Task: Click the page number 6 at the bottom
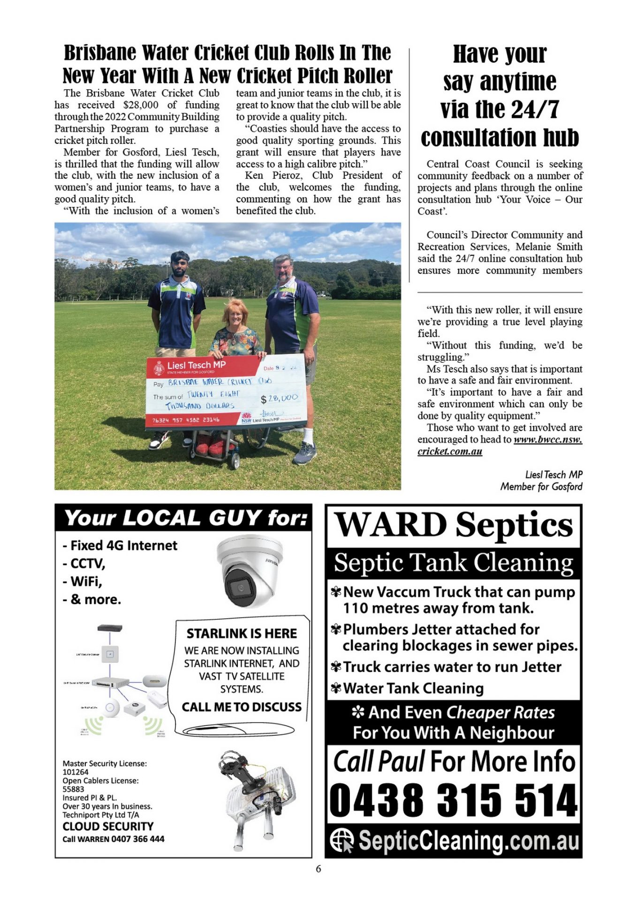click(x=318, y=869)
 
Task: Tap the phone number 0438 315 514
click(x=453, y=800)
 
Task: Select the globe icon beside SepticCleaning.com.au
click(x=341, y=840)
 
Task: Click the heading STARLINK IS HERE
click(x=242, y=634)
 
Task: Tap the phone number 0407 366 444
click(x=138, y=839)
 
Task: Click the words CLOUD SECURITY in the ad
click(x=108, y=826)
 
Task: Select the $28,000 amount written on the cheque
click(x=280, y=398)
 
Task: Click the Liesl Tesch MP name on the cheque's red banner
click(x=196, y=365)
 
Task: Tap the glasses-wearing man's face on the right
click(x=283, y=269)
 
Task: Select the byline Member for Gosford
click(x=541, y=487)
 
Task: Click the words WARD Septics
click(x=454, y=525)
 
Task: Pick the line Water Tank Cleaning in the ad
click(x=413, y=688)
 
